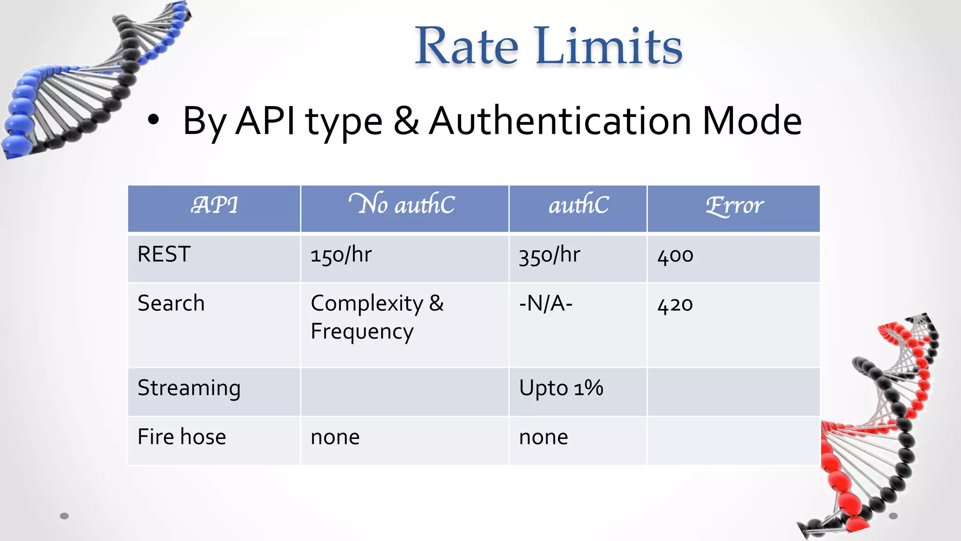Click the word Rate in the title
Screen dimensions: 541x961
pyautogui.click(x=466, y=46)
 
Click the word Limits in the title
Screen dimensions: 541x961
pyautogui.click(x=609, y=46)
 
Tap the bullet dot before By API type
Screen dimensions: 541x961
pyautogui.click(x=153, y=120)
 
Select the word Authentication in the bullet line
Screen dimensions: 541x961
pyautogui.click(x=560, y=121)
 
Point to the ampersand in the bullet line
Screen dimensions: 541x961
pyautogui.click(x=406, y=121)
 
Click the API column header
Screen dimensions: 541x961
pyautogui.click(x=214, y=205)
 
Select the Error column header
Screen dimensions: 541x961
pyautogui.click(x=734, y=206)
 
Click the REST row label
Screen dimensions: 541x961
pyautogui.click(x=164, y=255)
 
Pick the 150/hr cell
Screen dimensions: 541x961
pyautogui.click(x=341, y=255)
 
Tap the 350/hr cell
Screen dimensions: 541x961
pyautogui.click(x=549, y=255)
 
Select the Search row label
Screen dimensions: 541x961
pyautogui.click(x=171, y=303)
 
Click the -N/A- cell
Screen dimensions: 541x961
pyautogui.click(x=546, y=303)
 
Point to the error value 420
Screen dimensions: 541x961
pyautogui.click(x=675, y=305)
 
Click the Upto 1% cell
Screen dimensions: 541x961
pyautogui.click(x=561, y=388)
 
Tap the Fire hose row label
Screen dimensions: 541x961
pyautogui.click(x=182, y=437)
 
